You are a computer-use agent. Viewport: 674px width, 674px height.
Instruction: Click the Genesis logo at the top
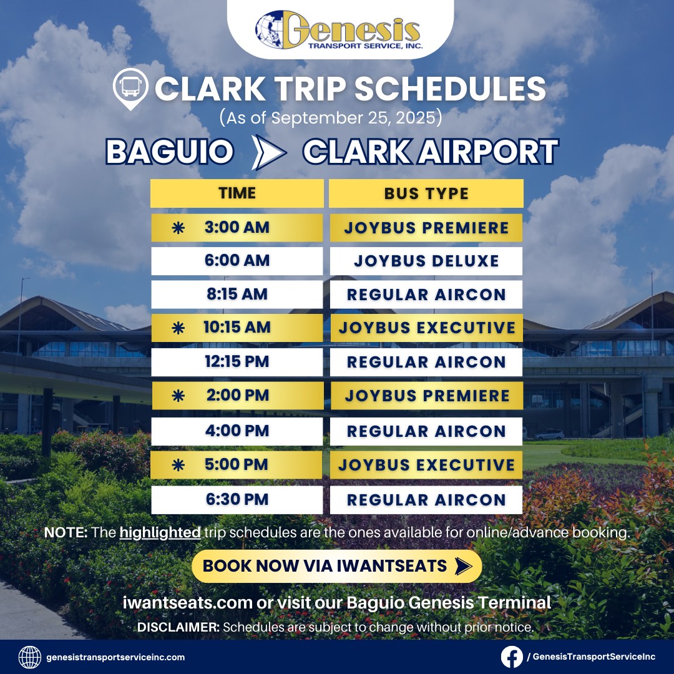point(339,30)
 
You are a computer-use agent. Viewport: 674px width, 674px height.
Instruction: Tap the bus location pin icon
point(130,88)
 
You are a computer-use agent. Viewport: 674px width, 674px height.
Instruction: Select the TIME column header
point(237,193)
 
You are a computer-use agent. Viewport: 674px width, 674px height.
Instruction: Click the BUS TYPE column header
point(426,193)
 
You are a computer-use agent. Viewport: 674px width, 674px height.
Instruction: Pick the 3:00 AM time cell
point(237,227)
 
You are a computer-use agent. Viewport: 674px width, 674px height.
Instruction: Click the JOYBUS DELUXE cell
point(426,261)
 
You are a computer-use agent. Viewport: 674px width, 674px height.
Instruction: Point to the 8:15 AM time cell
point(237,295)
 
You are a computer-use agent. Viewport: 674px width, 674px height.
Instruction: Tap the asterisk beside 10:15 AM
point(178,328)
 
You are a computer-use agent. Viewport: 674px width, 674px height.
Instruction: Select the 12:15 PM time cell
point(237,362)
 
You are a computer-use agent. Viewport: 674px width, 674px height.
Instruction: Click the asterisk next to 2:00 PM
point(178,396)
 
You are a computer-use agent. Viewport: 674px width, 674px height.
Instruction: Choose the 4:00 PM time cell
point(237,431)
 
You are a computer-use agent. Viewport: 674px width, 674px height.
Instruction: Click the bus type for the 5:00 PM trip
point(426,465)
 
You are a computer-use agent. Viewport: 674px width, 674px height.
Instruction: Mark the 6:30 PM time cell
point(237,500)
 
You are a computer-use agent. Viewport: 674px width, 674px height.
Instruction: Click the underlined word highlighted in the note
point(160,532)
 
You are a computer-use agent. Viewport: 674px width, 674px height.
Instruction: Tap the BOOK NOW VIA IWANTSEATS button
point(337,566)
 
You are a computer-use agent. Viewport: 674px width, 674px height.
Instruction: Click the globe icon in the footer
point(30,657)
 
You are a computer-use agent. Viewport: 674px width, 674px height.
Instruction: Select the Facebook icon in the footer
point(512,657)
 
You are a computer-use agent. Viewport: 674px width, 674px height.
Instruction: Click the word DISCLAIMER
point(178,627)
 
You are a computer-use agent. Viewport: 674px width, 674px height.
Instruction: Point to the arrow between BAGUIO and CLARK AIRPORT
point(268,152)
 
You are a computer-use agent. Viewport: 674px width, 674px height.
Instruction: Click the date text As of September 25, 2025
point(331,117)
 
